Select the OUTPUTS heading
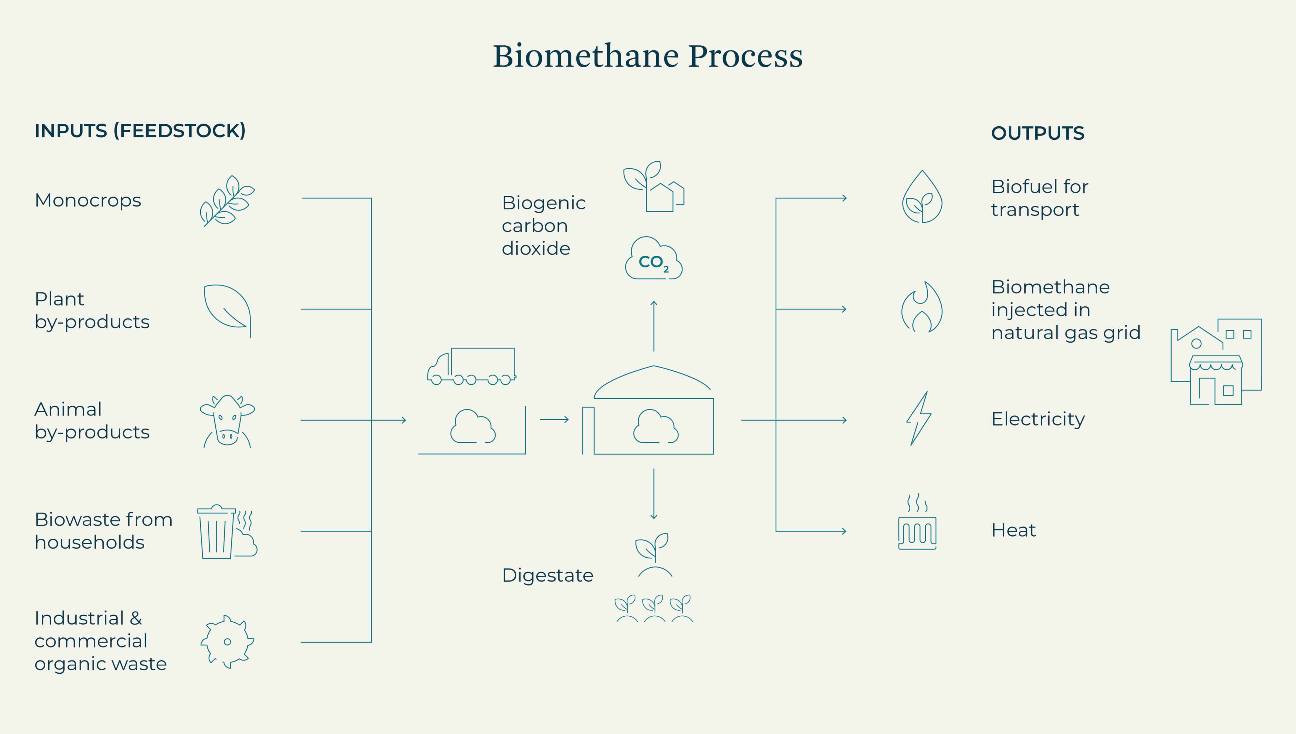pos(1037,133)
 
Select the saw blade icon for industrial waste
pos(227,642)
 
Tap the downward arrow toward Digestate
pos(654,494)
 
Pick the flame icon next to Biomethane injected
pos(922,307)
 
